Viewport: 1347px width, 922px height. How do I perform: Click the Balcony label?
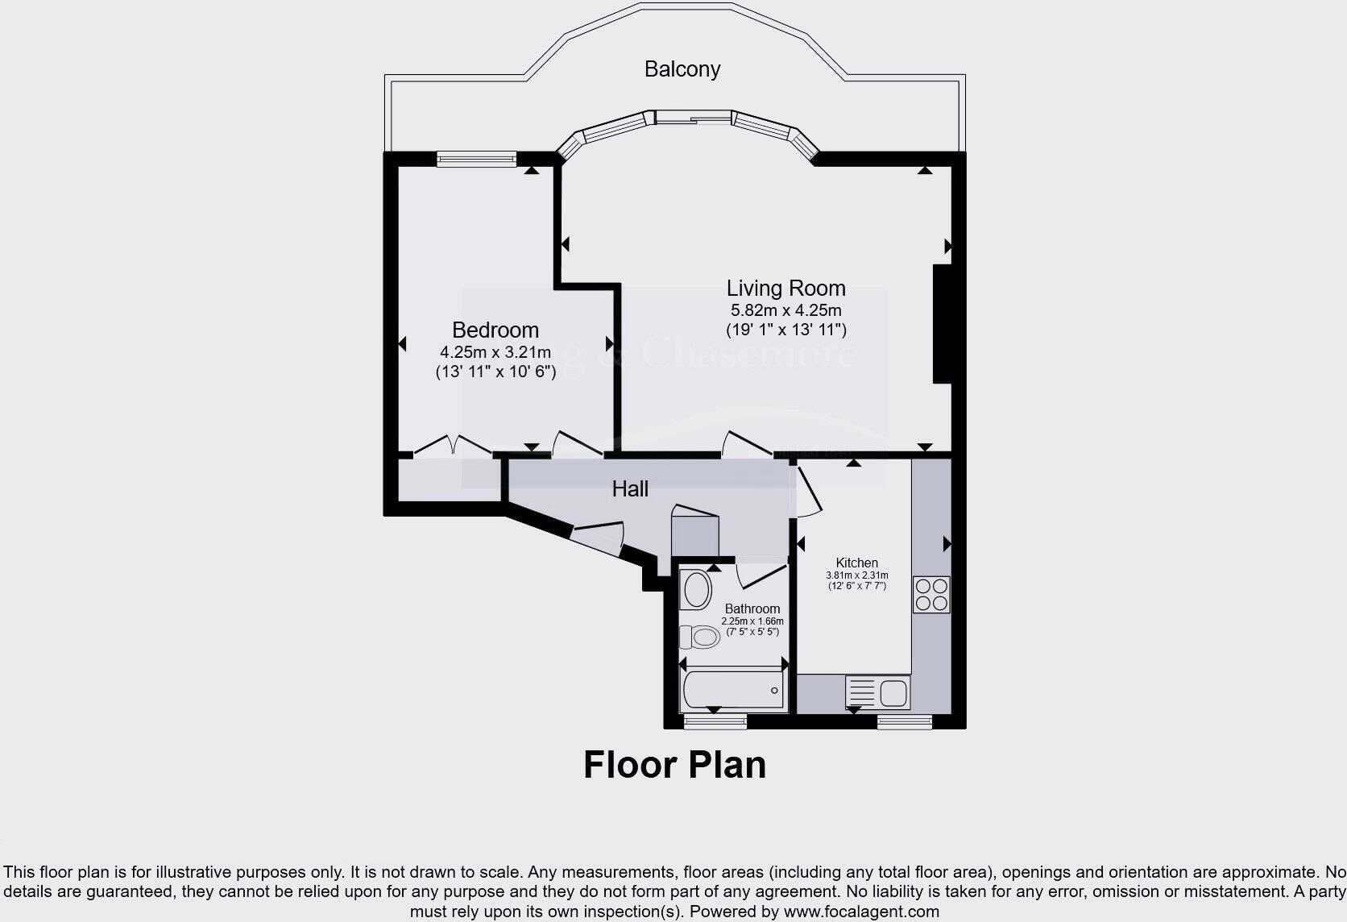click(x=682, y=69)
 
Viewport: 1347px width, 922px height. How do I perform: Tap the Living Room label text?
click(x=785, y=289)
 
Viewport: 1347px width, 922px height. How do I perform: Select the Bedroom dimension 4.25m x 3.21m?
click(x=495, y=352)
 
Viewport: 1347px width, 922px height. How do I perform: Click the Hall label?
click(x=630, y=488)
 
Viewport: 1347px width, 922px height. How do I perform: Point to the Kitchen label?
click(x=856, y=563)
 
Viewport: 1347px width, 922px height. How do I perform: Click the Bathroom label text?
click(x=752, y=608)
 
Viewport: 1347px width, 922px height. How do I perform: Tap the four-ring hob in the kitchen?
click(x=931, y=594)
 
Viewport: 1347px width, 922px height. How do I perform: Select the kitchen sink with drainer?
click(x=877, y=692)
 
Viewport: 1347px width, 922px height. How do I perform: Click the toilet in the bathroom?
click(x=699, y=637)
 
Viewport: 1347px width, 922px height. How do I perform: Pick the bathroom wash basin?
click(x=695, y=591)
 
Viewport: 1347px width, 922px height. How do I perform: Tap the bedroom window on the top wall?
click(x=476, y=160)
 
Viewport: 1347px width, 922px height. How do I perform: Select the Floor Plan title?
click(x=674, y=765)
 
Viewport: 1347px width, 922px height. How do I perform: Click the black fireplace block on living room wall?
click(x=942, y=323)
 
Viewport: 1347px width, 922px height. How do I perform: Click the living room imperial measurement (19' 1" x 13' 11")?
click(x=785, y=330)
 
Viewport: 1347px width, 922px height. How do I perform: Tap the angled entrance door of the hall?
click(x=597, y=538)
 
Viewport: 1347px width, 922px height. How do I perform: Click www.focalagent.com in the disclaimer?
click(x=861, y=912)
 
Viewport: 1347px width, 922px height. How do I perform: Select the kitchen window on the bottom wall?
click(x=904, y=721)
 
